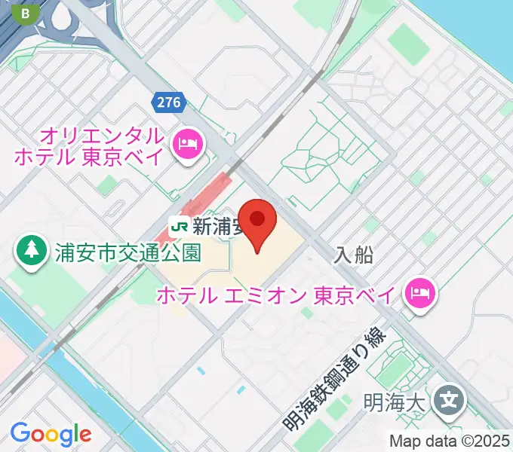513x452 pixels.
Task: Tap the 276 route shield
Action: [x=169, y=102]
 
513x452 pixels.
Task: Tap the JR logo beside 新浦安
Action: [x=180, y=224]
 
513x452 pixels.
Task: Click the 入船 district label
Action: [x=354, y=255]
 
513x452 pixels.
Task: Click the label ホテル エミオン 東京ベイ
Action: [x=275, y=295]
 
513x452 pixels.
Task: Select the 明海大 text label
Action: [x=400, y=400]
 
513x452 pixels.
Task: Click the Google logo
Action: [x=51, y=433]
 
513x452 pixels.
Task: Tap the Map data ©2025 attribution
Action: [x=450, y=440]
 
